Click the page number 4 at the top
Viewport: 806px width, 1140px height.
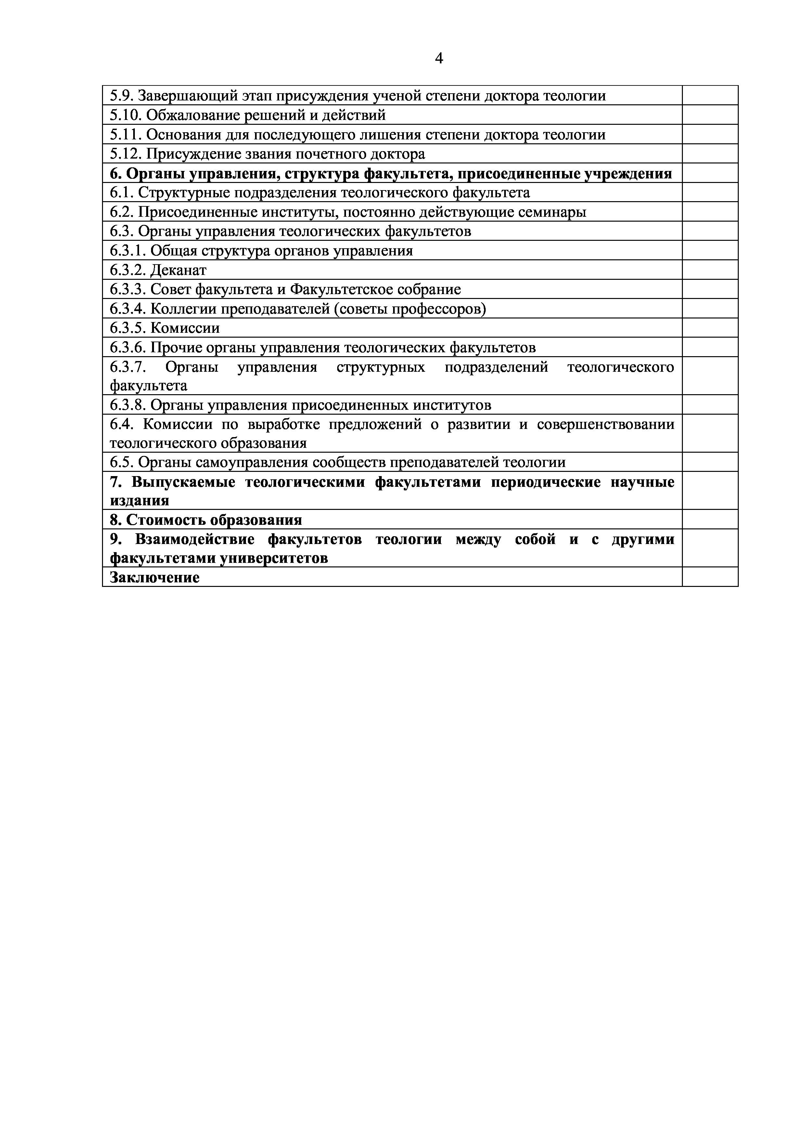coord(439,58)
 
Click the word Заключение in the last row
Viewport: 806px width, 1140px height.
coord(154,577)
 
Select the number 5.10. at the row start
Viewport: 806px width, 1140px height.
coord(126,115)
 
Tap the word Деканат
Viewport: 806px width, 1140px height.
coord(178,270)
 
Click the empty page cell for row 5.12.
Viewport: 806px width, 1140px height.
coord(710,154)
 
